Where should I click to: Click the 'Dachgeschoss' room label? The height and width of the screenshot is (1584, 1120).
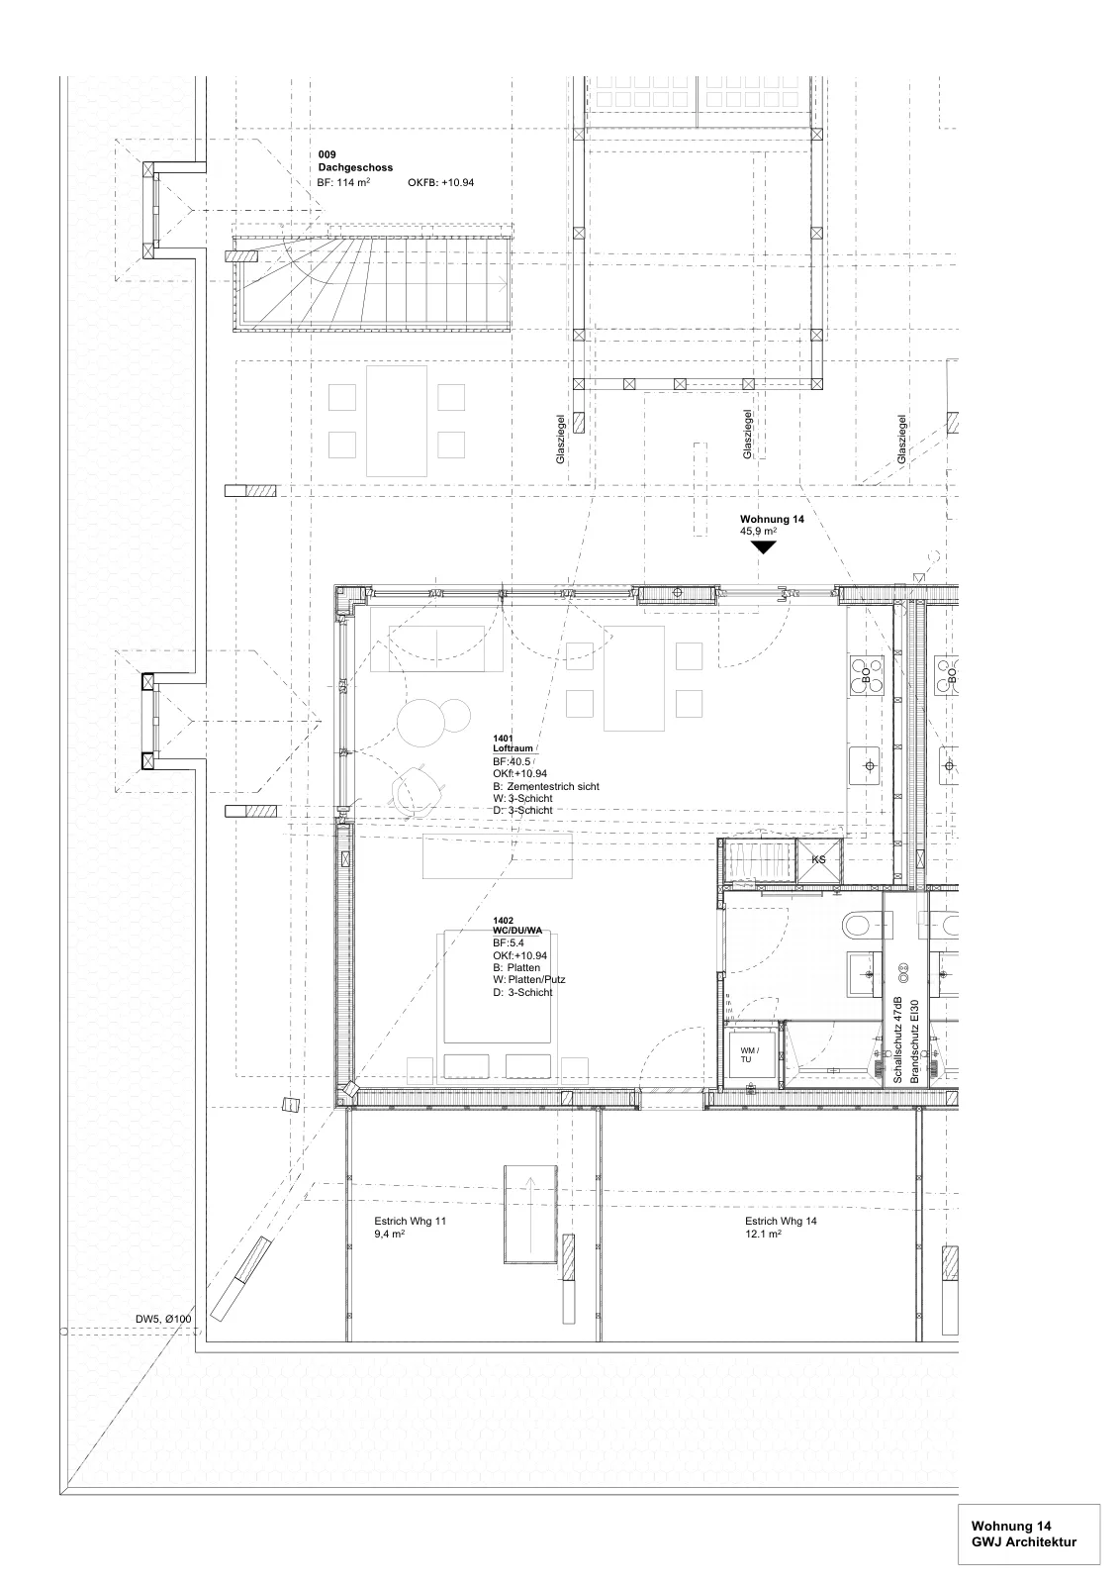355,167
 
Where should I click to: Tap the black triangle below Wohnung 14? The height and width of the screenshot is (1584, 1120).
763,547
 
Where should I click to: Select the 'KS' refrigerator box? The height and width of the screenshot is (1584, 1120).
818,860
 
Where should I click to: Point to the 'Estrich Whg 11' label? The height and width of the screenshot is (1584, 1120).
410,1221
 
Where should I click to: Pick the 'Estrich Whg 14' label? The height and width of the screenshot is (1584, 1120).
781,1221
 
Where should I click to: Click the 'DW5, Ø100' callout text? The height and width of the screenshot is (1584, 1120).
163,1319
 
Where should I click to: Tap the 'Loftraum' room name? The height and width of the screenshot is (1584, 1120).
513,748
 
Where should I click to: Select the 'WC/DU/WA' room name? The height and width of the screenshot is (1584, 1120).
517,931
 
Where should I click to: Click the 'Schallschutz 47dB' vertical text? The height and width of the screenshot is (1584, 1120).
898,1039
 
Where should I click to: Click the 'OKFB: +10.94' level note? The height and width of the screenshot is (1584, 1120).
441,182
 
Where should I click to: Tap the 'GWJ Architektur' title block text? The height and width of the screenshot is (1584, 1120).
1024,1542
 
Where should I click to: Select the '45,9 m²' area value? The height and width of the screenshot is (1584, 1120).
758,531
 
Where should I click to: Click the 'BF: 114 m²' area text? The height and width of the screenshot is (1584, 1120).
344,182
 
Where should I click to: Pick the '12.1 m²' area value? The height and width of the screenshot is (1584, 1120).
763,1234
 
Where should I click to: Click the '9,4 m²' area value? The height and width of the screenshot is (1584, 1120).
390,1234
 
